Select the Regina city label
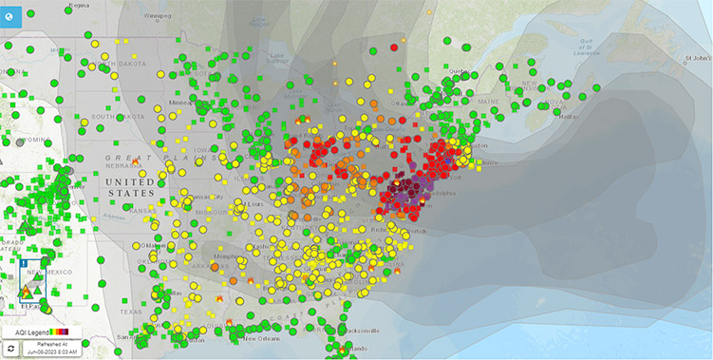(36, 5)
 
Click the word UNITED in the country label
(130, 181)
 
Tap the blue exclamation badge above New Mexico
(23, 262)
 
